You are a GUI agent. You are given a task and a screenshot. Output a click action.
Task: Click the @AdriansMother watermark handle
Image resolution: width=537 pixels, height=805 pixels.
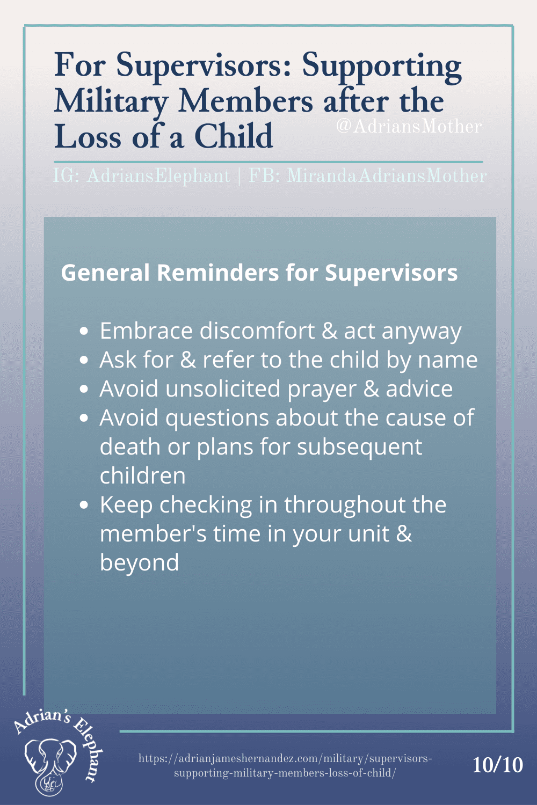click(409, 127)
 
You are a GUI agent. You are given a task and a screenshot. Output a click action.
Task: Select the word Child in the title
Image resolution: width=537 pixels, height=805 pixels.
click(234, 136)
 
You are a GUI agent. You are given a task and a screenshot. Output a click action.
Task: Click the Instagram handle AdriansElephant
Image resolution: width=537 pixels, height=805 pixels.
click(158, 176)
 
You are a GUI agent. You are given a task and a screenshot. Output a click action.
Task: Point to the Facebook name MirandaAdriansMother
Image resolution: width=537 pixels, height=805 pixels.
click(387, 176)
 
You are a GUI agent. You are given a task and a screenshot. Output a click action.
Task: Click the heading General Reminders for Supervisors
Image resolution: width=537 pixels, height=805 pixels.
click(259, 273)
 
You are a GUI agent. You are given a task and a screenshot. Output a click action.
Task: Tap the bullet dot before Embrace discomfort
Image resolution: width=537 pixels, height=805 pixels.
click(84, 331)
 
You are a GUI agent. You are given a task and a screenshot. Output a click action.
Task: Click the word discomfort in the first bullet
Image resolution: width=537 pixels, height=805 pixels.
click(257, 331)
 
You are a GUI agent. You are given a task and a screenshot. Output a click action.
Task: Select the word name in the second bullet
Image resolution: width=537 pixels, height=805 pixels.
click(448, 360)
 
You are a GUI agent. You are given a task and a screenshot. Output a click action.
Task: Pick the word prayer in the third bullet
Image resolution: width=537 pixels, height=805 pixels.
click(322, 390)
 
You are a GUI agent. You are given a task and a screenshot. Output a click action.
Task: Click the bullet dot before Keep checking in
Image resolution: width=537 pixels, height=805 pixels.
click(84, 505)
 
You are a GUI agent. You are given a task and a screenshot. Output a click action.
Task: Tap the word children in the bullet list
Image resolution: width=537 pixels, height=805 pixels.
click(142, 475)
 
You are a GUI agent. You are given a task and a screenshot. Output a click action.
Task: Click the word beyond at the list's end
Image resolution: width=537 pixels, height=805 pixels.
click(139, 563)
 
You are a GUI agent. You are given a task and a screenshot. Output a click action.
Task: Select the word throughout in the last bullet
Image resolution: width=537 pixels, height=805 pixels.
click(345, 505)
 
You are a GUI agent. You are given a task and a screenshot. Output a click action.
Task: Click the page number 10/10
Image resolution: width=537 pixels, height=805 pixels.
click(498, 765)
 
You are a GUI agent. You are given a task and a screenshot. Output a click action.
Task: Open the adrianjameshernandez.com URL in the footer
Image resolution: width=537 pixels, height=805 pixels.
click(285, 766)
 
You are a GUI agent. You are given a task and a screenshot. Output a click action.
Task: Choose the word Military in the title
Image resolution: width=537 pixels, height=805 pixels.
click(111, 102)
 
